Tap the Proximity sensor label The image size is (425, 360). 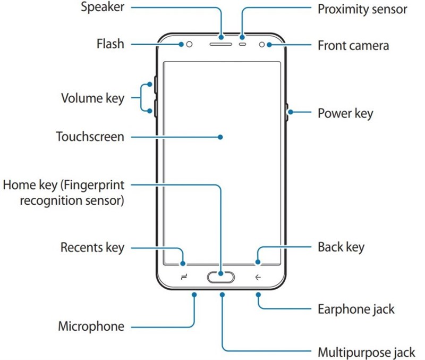[x=362, y=9]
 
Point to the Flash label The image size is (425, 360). [x=110, y=43]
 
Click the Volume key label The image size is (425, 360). [x=92, y=98]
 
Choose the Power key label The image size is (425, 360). [x=345, y=113]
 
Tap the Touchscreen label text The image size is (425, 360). [x=90, y=137]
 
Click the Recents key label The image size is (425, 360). [x=92, y=247]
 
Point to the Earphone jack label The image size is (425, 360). [x=356, y=309]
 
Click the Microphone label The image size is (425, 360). [x=91, y=326]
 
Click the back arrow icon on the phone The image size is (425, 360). [x=258, y=277]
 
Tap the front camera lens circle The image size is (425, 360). [x=262, y=44]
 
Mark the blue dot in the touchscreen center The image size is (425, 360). [x=220, y=137]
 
